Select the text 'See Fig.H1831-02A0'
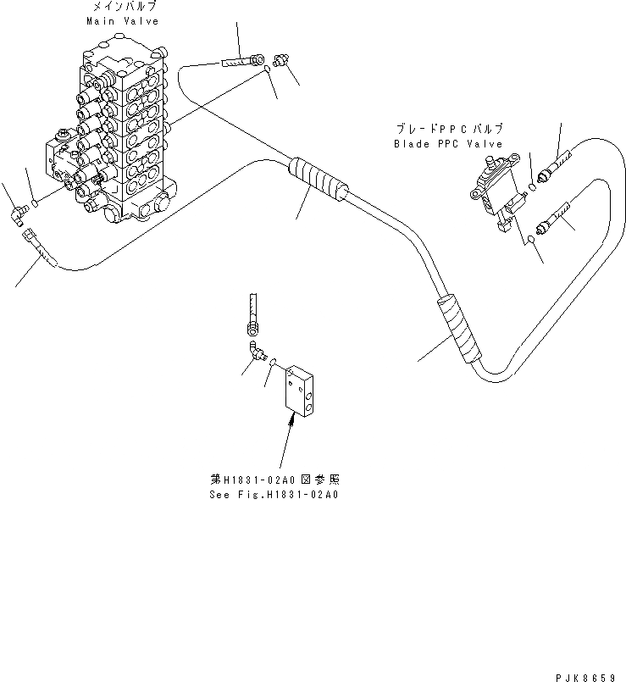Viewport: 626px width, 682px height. (x=274, y=494)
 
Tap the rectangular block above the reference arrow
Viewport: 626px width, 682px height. (x=302, y=391)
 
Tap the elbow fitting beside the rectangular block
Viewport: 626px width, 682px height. (x=255, y=352)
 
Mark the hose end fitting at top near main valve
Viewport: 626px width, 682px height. (x=241, y=60)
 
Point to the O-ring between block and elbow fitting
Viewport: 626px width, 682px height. (x=274, y=363)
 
